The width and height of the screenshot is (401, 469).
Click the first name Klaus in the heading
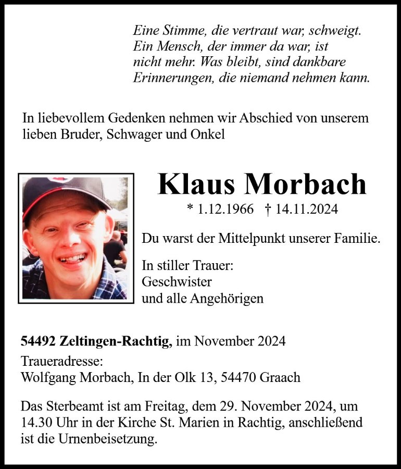tap(196, 184)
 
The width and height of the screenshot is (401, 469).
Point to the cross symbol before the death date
tap(268, 209)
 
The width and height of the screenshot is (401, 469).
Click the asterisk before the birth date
tap(190, 209)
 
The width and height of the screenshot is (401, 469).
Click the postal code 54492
tap(37, 341)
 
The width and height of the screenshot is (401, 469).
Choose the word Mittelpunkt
tap(258, 239)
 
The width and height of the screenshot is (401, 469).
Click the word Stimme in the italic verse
tap(181, 31)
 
